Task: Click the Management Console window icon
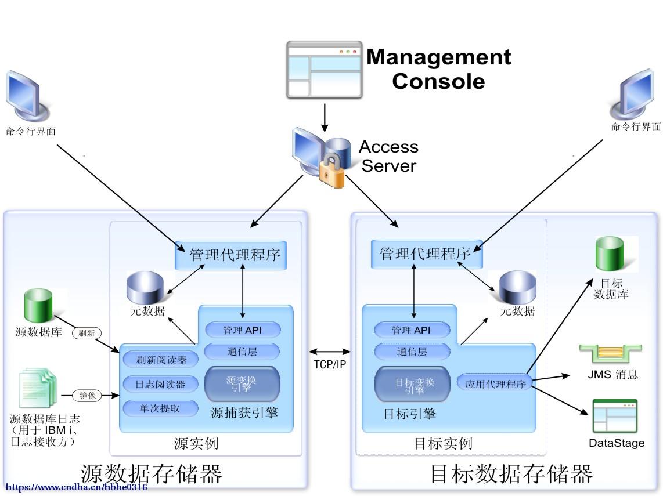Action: (x=325, y=69)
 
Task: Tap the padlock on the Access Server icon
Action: (x=331, y=171)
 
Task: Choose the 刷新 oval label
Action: (x=87, y=334)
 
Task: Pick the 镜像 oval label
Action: (x=87, y=396)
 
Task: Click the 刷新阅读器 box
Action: (x=161, y=360)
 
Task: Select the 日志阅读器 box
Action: (x=160, y=384)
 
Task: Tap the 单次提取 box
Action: (x=160, y=408)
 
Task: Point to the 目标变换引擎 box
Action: (x=413, y=385)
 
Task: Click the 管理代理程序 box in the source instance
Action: (x=231, y=254)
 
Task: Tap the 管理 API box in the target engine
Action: (x=412, y=330)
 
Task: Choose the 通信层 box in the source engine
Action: (x=242, y=351)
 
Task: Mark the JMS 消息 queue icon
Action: (x=610, y=354)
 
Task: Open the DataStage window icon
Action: (x=615, y=417)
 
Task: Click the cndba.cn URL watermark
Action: (x=76, y=487)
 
